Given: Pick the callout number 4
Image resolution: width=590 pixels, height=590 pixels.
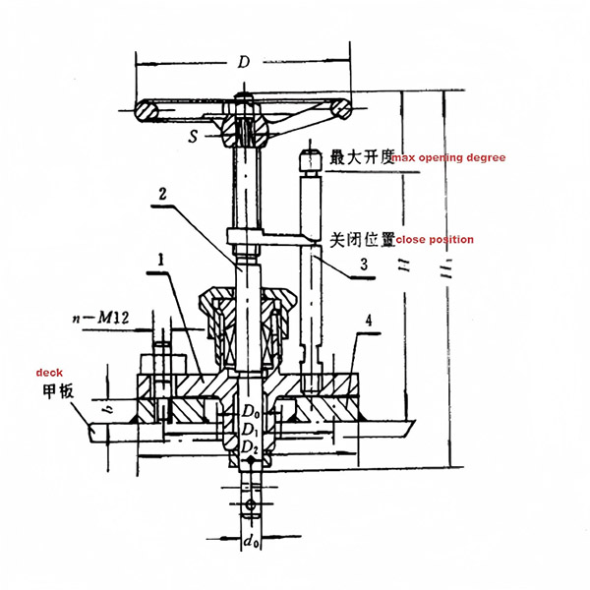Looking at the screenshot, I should click(369, 321).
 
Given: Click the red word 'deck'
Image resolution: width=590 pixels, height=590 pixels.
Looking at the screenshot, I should click(49, 374).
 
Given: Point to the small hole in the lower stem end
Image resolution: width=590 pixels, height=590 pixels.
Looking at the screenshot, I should click(251, 505).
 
